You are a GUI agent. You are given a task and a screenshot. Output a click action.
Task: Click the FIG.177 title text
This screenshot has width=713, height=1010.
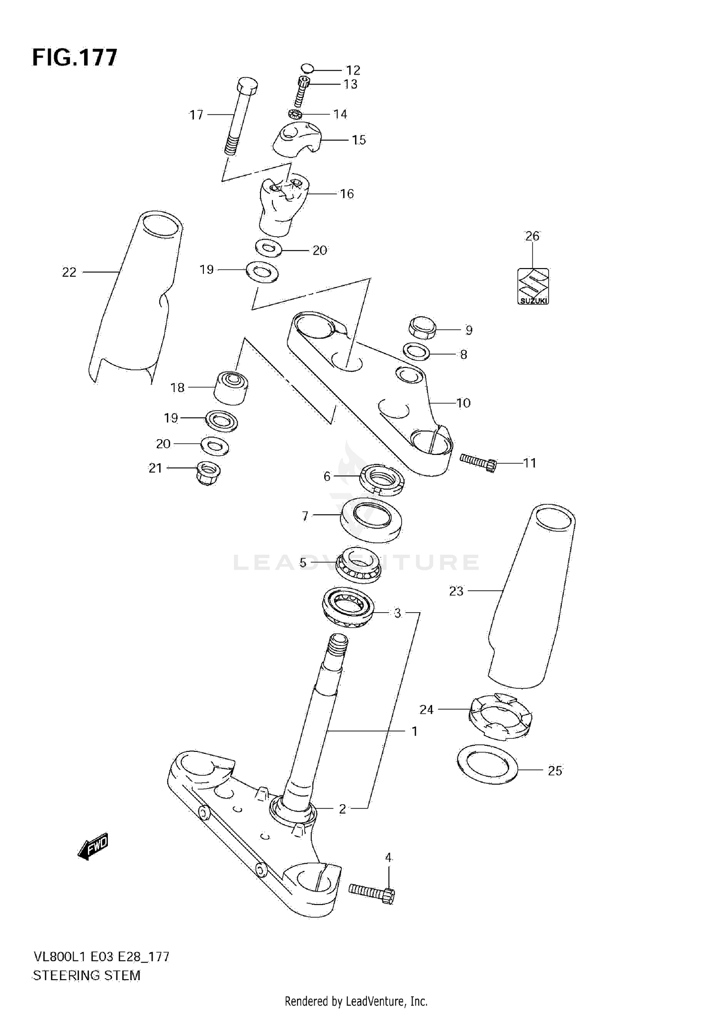tap(75, 58)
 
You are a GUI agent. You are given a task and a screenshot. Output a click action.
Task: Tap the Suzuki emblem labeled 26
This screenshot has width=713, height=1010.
tap(533, 286)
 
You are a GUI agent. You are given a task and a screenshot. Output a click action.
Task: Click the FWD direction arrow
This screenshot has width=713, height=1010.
tap(94, 846)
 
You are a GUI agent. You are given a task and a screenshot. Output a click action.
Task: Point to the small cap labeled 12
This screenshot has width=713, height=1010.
tap(307, 69)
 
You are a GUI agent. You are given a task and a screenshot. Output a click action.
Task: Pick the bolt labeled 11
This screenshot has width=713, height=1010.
tap(478, 462)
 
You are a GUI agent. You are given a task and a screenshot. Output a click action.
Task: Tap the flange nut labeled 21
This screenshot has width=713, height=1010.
tap(208, 472)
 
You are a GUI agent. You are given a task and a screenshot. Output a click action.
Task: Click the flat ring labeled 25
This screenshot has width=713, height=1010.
tap(486, 765)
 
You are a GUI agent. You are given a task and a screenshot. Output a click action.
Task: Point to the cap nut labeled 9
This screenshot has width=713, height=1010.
tap(422, 327)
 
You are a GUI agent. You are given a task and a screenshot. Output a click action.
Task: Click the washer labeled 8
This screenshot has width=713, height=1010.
tap(416, 352)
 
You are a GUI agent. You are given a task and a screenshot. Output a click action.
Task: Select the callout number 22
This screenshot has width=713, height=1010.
tap(69, 272)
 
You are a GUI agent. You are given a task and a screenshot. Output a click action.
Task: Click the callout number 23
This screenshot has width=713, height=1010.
tap(456, 591)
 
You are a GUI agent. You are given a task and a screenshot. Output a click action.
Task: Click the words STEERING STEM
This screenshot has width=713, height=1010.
tap(87, 976)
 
